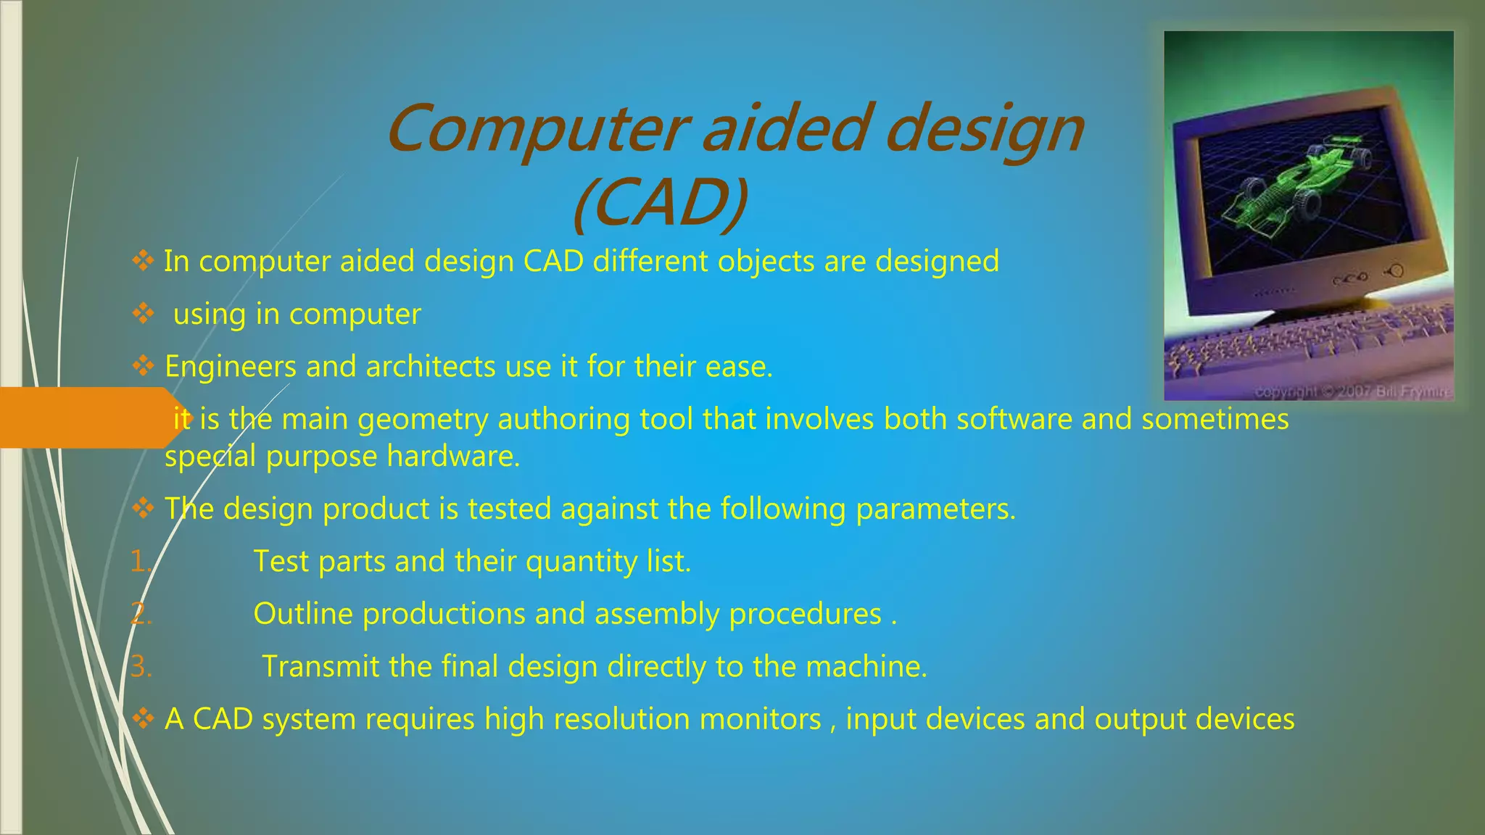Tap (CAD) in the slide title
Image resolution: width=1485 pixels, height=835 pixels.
point(660,203)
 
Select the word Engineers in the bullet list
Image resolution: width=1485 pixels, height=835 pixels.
point(230,367)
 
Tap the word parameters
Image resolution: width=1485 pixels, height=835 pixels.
point(935,509)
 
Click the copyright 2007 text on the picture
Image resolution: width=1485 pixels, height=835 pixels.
point(1352,392)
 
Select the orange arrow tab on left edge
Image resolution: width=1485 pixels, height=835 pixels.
point(87,417)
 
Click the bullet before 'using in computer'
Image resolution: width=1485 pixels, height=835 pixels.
point(143,314)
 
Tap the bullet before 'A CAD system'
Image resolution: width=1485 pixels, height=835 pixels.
point(143,719)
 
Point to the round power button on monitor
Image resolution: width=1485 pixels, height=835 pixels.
point(1395,271)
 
